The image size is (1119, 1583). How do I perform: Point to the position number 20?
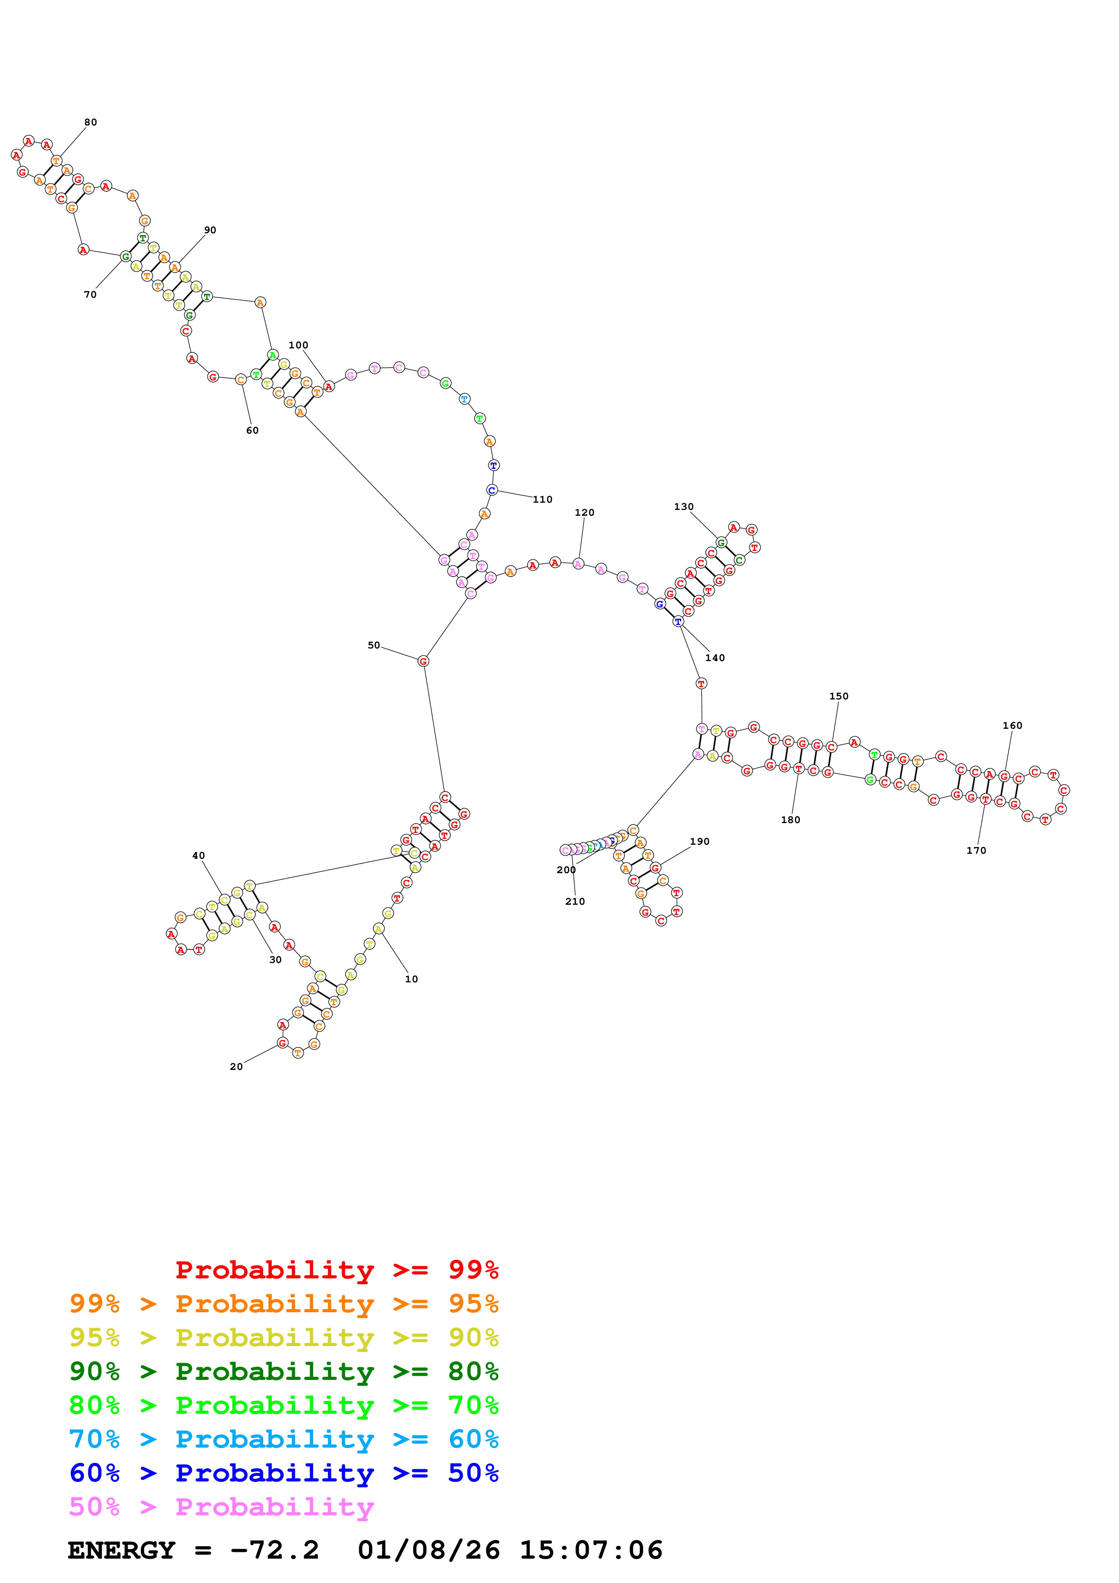236,1067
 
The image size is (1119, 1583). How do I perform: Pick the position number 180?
790,820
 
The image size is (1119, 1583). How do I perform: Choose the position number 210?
575,902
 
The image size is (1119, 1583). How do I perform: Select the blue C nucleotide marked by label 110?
492,490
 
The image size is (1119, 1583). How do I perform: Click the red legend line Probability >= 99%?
336,1270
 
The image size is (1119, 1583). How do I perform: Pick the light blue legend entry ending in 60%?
283,1440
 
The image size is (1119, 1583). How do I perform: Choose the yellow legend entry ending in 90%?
283,1338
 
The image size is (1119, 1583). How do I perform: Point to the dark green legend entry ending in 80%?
283,1371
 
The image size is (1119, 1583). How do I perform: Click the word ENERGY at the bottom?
121,1551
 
